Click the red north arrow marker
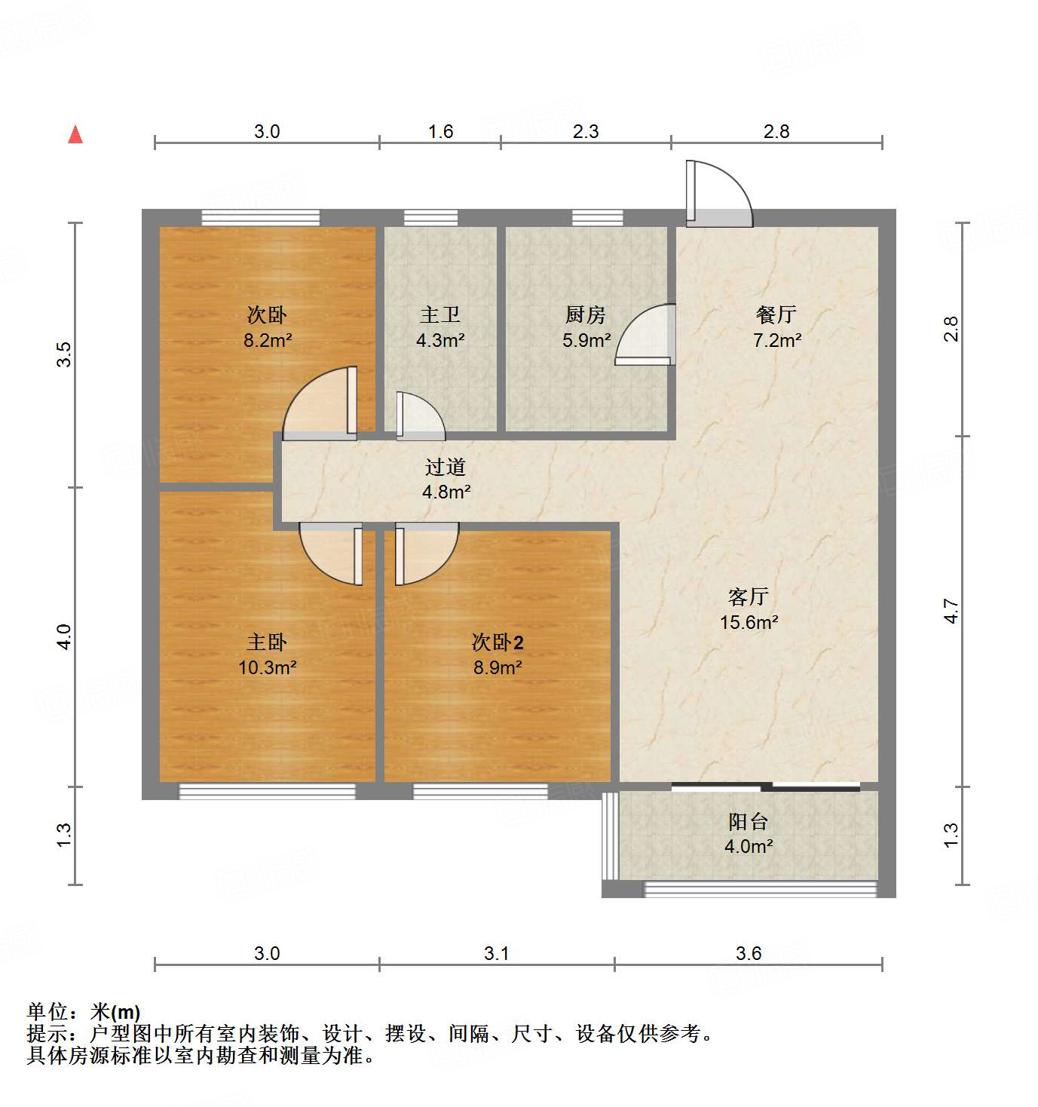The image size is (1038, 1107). (75, 135)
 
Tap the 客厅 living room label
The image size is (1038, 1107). (748, 597)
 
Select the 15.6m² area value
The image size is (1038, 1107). (749, 623)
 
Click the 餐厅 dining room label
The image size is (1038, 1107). (776, 315)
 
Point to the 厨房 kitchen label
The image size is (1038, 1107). (586, 315)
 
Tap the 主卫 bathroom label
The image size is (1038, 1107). (440, 315)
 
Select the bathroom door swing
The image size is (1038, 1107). (419, 417)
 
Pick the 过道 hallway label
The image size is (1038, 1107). (446, 468)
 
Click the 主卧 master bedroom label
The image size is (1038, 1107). (267, 642)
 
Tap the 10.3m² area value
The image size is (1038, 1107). (267, 667)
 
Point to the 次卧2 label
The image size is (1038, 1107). (498, 642)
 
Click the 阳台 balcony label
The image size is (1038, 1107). (748, 822)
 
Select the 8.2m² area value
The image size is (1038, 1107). (267, 340)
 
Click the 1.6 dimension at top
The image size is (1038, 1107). (440, 132)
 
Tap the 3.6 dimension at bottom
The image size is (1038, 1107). (749, 954)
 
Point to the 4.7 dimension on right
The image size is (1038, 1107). (951, 611)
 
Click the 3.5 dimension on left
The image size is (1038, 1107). (65, 354)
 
